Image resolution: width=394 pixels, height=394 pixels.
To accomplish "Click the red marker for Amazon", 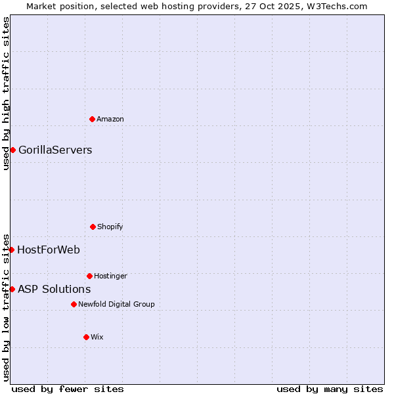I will pos(93,119).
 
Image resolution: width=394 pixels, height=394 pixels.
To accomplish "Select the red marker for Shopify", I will pos(93,227).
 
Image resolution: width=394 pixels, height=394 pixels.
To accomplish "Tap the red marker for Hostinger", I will pos(89,276).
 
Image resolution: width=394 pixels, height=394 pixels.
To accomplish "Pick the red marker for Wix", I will pos(86,337).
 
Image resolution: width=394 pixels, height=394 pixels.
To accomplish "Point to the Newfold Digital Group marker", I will pos(74,304).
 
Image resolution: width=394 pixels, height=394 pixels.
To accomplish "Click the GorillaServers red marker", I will pos(12,150).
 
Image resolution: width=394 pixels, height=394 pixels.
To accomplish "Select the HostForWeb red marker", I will pos(12,250).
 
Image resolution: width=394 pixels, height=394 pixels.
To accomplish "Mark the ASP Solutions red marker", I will pos(12,289).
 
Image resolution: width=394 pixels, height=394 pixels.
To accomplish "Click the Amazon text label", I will pos(110,119).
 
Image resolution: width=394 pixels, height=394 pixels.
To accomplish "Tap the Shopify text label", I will pos(110,227).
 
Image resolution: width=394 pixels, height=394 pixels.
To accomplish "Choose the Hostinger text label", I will pos(110,276).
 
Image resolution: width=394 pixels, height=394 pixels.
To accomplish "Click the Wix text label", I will pos(97,337).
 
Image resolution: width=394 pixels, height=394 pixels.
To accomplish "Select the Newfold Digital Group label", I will pos(116,304).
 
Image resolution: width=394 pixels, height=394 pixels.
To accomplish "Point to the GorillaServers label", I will pos(55,150).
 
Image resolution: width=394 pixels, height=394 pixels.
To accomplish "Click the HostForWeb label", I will pos(49,250).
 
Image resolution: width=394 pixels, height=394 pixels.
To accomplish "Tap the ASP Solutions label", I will pos(54,289).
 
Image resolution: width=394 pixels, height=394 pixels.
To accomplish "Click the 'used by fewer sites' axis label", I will pos(68,389).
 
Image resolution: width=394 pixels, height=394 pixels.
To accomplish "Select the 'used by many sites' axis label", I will pos(330,389).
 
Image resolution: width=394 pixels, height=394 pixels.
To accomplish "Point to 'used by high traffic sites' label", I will pos(6,93).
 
